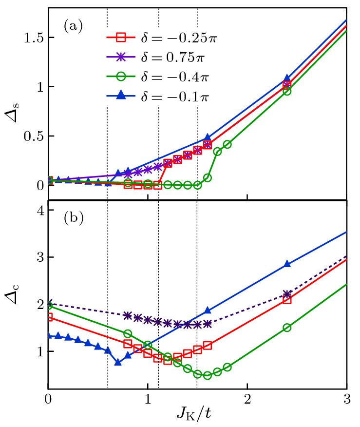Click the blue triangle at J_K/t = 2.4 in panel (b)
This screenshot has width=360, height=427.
click(287, 264)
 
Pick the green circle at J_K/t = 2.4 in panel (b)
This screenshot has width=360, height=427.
click(287, 328)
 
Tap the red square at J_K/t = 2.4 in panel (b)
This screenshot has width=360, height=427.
click(287, 299)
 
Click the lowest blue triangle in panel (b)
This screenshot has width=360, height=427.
click(118, 362)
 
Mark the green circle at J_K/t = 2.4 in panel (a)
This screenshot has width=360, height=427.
click(287, 91)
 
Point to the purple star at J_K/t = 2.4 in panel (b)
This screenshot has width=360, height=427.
click(287, 294)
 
